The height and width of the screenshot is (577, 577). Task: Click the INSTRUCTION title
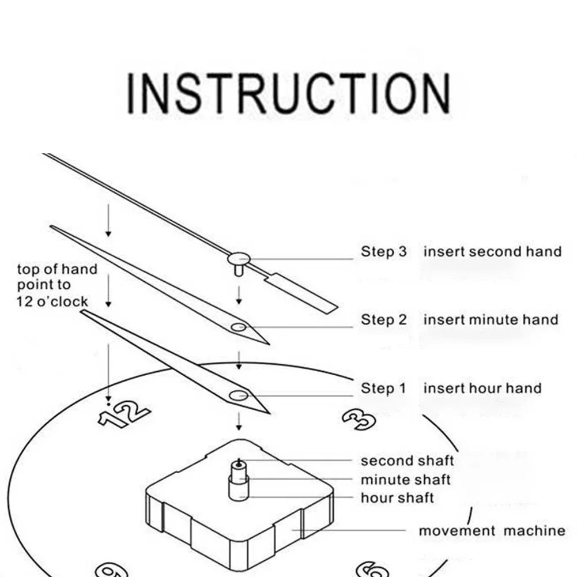tap(289, 93)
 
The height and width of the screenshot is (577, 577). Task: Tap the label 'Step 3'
tap(383, 252)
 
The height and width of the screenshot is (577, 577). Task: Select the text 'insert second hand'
tap(492, 252)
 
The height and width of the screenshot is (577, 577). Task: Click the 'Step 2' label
tap(383, 319)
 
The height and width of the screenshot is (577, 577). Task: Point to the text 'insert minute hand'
tap(491, 319)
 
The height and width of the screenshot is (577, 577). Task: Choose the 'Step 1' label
tap(383, 389)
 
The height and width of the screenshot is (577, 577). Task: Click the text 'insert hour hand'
tap(482, 389)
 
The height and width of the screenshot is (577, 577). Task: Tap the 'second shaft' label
tap(407, 461)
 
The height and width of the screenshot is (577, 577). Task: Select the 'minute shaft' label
tap(406, 480)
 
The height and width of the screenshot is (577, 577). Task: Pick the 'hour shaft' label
tap(397, 498)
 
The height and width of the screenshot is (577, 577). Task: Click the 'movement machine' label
tap(492, 531)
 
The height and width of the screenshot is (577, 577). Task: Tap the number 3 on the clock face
tap(359, 418)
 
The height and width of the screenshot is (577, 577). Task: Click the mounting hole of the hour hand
tap(239, 396)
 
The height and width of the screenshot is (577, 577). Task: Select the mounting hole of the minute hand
tap(239, 327)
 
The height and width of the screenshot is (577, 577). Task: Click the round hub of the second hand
tap(239, 259)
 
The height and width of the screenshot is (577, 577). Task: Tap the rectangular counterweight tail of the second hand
tap(301, 293)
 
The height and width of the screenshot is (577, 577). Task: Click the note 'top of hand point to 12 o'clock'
tap(57, 285)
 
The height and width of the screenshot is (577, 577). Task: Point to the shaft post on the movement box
tap(239, 480)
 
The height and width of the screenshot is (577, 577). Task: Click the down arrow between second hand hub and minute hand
tap(239, 295)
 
